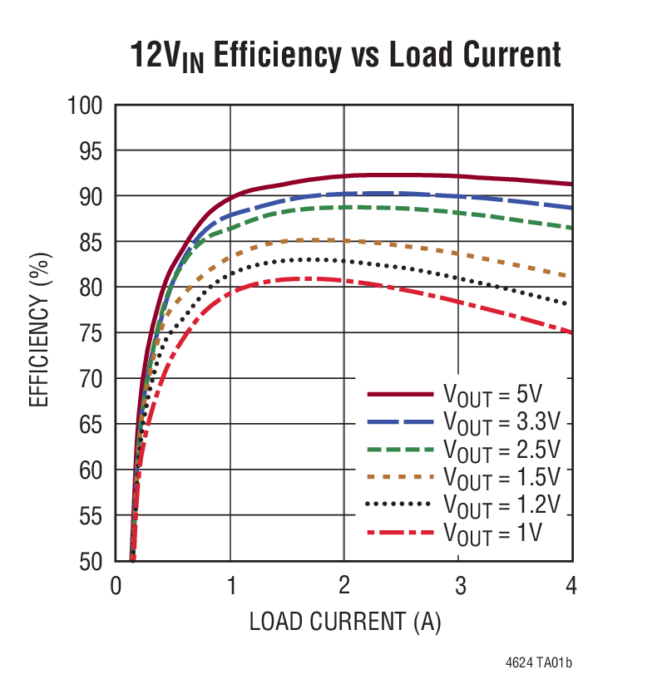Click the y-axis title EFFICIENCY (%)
pos(38,332)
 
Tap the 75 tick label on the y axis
pos(90,333)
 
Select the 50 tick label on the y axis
pos(90,562)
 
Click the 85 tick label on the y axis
pos(90,242)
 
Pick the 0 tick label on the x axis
pos(116,587)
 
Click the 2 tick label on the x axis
pos(343,587)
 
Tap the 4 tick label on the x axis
pos(571,587)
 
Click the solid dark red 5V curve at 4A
pos(571,184)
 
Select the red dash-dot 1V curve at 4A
pos(571,332)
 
